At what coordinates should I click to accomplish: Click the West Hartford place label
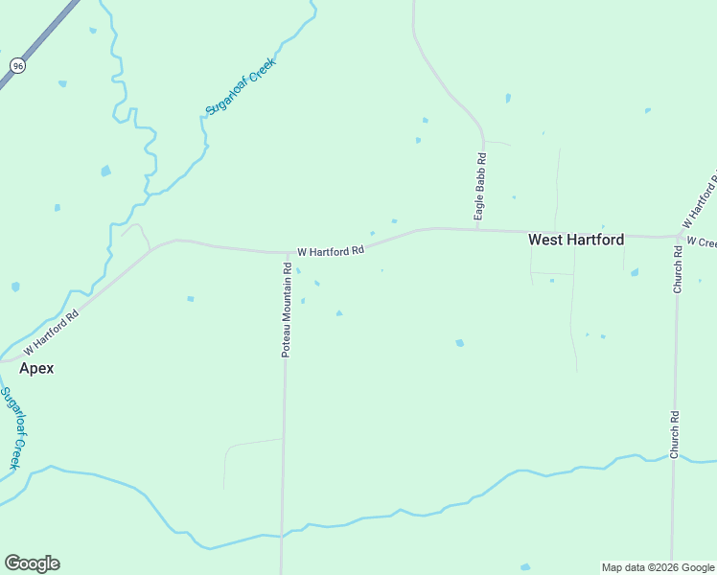576,241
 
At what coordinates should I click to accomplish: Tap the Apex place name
36,368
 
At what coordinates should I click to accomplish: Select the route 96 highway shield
17,65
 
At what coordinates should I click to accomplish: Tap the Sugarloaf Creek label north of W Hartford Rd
241,86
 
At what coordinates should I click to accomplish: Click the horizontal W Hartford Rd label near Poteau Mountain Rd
331,251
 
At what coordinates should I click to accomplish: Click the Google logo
32,563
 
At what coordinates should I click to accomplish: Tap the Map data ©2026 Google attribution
658,567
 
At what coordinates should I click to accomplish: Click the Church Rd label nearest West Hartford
677,270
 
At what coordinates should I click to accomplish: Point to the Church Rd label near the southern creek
675,434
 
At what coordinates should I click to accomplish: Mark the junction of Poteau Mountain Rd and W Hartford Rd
287,254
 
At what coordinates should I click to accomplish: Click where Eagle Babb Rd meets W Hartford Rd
477,230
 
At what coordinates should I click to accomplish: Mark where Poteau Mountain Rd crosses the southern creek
282,537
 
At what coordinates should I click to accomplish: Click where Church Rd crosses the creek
673,458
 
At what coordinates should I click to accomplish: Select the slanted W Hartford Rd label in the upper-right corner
699,199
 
